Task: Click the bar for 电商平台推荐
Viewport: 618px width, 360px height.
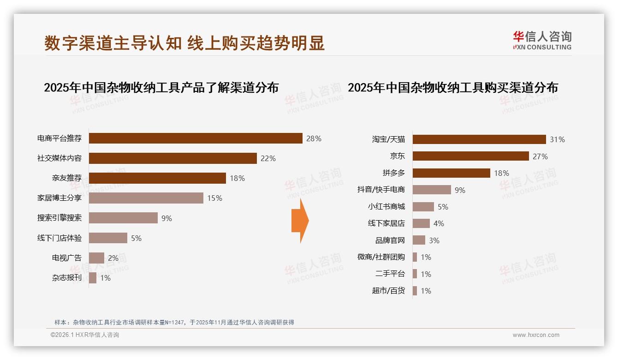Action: click(x=196, y=138)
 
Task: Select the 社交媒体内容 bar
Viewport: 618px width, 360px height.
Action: click(x=172, y=158)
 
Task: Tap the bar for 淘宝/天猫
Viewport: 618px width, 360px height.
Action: click(x=479, y=139)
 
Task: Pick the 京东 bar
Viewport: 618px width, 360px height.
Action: click(x=470, y=156)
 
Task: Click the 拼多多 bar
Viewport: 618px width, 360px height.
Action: click(x=451, y=173)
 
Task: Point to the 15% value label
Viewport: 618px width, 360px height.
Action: click(x=214, y=198)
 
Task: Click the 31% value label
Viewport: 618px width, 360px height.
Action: click(x=557, y=139)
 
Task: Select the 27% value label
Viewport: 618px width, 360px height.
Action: click(x=540, y=156)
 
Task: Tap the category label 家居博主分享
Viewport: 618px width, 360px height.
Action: click(x=59, y=198)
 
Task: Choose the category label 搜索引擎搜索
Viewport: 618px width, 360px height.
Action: click(x=59, y=218)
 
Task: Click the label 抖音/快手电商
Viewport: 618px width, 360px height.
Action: click(x=381, y=190)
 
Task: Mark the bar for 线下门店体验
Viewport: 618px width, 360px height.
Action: click(x=108, y=238)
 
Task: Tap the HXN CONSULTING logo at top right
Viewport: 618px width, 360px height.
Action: click(x=542, y=41)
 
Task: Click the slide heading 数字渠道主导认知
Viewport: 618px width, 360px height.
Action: click(x=184, y=43)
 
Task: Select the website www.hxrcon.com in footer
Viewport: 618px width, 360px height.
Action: click(x=536, y=335)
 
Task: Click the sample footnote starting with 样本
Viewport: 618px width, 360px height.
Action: click(x=174, y=323)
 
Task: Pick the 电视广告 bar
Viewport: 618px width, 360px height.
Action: click(x=96, y=258)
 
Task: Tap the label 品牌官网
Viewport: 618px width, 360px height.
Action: click(x=390, y=240)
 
